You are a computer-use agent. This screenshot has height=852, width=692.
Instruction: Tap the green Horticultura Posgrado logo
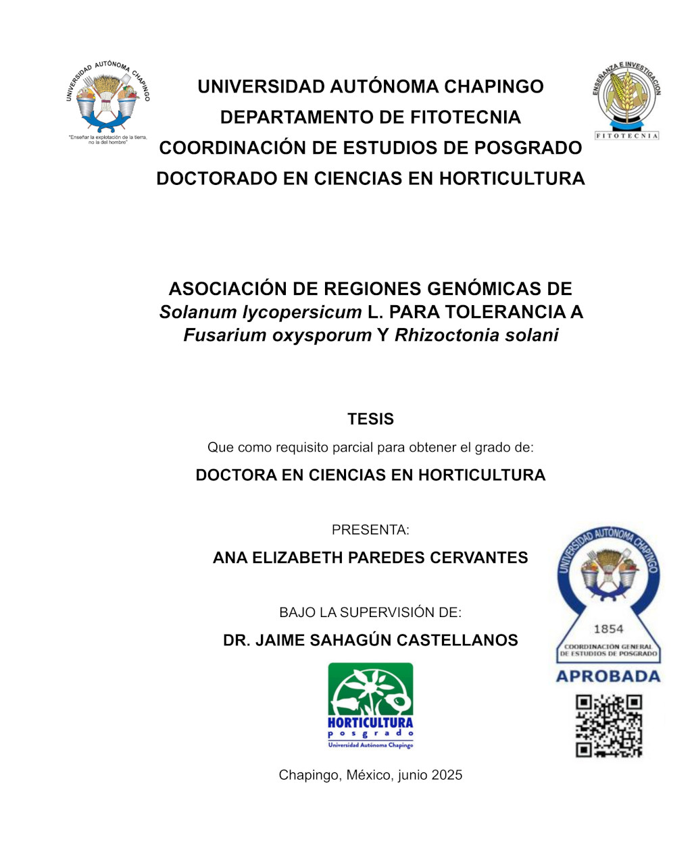point(370,705)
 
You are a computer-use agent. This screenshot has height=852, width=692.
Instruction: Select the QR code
point(608,726)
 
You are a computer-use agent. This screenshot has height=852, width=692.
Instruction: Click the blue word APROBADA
point(608,676)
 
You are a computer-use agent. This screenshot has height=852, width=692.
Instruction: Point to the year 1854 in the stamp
point(608,629)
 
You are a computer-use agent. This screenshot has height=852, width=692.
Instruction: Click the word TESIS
point(370,419)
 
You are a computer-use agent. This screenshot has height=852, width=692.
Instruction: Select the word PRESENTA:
point(370,530)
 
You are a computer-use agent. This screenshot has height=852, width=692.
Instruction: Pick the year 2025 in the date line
point(446,775)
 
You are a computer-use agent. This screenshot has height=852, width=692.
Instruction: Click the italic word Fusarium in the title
point(220,336)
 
